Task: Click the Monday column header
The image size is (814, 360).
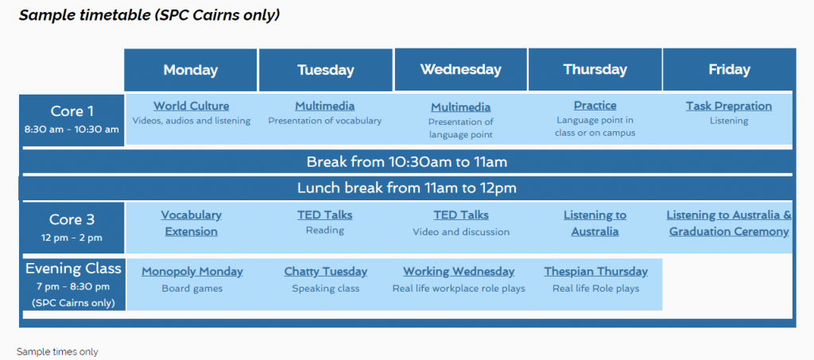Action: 191,70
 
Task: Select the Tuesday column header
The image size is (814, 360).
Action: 325,70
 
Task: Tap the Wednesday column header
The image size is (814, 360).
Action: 460,69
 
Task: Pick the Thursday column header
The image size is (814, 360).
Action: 595,69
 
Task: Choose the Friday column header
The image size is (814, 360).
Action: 729,69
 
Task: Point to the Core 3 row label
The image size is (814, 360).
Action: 72,228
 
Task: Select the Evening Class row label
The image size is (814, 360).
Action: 73,285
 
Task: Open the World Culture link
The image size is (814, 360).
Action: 191,106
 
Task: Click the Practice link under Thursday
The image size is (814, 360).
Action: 595,106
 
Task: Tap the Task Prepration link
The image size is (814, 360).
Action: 729,106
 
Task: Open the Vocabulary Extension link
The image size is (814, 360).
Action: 191,223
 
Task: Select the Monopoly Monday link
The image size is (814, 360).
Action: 192,271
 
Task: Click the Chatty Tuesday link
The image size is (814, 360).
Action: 325,271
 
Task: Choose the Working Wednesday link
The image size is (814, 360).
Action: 459,271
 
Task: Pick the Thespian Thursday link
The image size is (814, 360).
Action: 596,271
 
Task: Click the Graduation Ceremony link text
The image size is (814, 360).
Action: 729,232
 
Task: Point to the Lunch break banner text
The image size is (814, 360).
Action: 407,188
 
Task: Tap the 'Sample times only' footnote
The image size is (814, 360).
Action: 57,352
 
